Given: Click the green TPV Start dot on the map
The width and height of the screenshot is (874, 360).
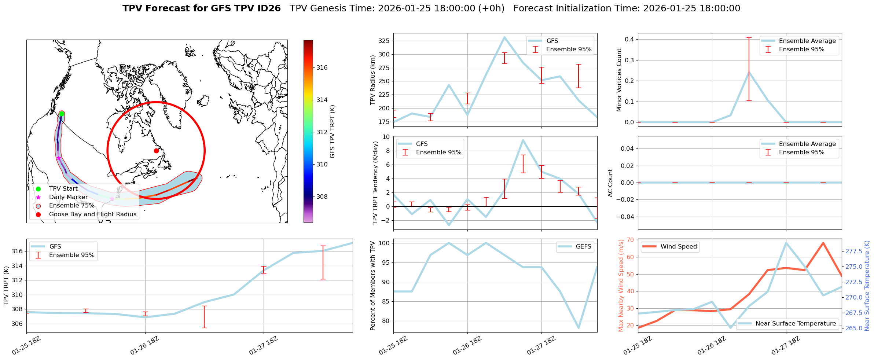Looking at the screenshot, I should click(62, 114).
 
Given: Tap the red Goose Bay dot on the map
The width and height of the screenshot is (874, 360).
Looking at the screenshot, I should click(156, 151).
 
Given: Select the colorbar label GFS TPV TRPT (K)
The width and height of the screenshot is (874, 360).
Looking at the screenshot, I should click(333, 131).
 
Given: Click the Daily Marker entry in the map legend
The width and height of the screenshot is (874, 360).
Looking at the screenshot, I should click(68, 197).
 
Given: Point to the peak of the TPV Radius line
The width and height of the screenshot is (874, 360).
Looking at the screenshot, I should click(504, 37).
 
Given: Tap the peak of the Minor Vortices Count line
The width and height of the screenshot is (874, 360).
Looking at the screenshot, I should click(749, 72).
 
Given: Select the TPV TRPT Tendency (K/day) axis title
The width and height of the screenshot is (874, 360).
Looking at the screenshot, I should click(375, 183).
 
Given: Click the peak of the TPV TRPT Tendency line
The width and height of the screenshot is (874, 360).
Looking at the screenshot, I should click(523, 140).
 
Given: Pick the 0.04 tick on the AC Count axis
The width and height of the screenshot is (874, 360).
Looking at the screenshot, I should click(628, 148).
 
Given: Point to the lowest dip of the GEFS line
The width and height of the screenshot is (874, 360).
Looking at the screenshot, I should click(579, 328).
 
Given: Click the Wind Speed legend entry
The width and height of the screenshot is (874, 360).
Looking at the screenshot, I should click(678, 247).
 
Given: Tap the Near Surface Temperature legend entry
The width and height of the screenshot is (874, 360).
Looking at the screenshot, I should click(796, 324).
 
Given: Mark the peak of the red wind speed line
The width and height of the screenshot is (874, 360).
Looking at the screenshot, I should click(823, 243).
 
